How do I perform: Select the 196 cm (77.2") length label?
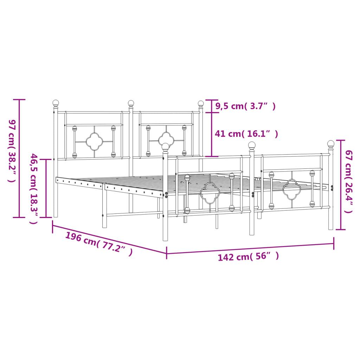99,243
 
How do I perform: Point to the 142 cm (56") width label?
248,257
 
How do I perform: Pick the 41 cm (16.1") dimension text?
246,134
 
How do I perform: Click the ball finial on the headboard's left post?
56,103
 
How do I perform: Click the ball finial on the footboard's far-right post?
331,143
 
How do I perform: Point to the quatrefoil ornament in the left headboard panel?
94,141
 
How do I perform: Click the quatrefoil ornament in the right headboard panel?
166,140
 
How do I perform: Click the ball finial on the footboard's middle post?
252,145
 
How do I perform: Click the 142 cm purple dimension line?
250,248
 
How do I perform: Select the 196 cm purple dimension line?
109,238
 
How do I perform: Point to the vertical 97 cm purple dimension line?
19,158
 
